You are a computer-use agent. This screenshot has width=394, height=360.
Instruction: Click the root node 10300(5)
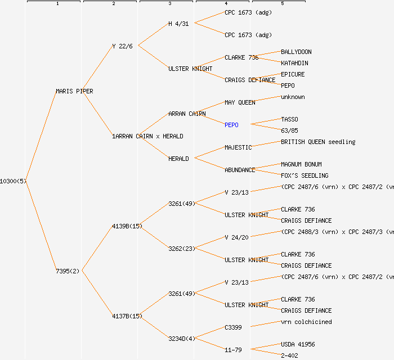(13, 181)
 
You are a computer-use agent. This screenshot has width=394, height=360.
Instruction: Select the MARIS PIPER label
(74, 91)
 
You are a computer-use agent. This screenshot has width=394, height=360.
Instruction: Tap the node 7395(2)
(68, 271)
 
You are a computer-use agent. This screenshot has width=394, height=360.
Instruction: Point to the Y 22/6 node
(122, 46)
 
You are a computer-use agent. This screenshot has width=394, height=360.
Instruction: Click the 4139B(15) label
(127, 226)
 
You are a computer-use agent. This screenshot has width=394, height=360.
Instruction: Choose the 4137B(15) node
(127, 316)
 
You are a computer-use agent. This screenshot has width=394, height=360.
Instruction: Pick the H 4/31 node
(178, 24)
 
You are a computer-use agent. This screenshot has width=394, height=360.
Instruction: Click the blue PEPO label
(231, 125)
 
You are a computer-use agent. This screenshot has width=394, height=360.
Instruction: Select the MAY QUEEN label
(240, 102)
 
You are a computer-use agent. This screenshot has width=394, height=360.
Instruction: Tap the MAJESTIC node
(238, 147)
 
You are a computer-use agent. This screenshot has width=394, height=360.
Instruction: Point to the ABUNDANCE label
(240, 170)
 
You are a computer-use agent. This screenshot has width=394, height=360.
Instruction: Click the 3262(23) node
(181, 249)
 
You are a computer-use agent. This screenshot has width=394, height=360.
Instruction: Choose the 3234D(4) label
(181, 339)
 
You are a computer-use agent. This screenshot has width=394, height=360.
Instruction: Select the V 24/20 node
(236, 237)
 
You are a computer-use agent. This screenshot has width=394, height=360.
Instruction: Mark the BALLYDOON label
(296, 52)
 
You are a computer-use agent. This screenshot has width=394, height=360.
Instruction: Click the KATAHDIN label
(294, 63)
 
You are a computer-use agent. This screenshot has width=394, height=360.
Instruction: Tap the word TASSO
(289, 119)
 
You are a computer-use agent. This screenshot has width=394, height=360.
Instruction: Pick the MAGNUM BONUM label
(301, 164)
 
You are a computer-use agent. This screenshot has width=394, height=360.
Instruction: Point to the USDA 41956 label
(298, 344)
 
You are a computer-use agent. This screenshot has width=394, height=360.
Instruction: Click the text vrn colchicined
(306, 322)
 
